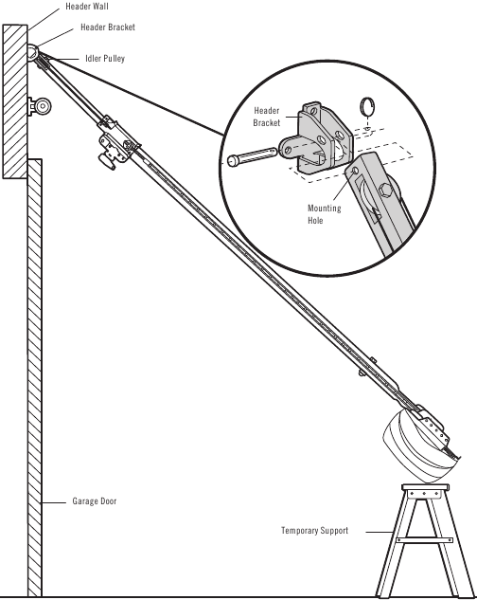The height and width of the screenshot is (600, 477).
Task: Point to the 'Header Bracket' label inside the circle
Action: (267, 117)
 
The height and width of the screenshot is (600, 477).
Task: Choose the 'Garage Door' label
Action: (95, 500)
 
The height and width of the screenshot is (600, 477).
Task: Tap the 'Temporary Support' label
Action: (314, 531)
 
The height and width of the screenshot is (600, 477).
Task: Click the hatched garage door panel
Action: (34, 379)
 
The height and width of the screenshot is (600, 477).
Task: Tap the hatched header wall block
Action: (15, 100)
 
